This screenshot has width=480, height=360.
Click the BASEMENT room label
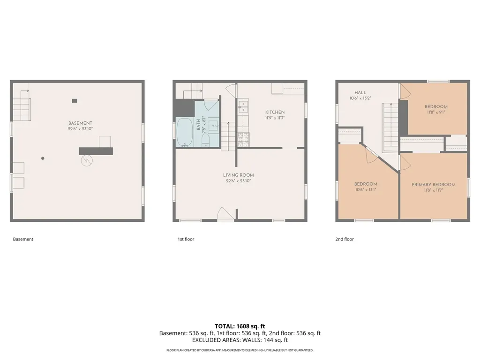tap(80, 123)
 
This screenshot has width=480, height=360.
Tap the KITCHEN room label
tap(275, 112)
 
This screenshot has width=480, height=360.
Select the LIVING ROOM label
tap(239, 175)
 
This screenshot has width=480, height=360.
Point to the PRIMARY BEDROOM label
tap(434, 185)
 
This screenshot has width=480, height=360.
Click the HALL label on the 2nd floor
tap(360, 92)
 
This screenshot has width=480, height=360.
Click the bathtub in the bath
tap(185, 132)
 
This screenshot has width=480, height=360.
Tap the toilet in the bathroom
tap(205, 141)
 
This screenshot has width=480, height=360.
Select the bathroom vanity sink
tap(213, 126)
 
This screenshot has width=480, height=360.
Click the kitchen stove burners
tap(244, 140)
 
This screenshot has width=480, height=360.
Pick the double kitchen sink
tap(244, 106)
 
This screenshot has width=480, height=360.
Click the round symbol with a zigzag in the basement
tap(87, 160)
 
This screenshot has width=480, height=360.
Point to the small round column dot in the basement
tap(43, 158)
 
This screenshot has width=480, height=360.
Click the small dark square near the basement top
tap(75, 101)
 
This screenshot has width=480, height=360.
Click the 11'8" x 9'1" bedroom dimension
tap(436, 112)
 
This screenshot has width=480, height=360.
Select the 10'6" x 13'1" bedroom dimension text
tap(366, 190)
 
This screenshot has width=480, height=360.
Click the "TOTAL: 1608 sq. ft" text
tap(240, 326)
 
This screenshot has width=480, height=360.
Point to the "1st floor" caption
tap(186, 239)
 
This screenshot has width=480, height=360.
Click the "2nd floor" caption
tap(345, 239)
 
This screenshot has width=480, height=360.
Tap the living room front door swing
tap(225, 213)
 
